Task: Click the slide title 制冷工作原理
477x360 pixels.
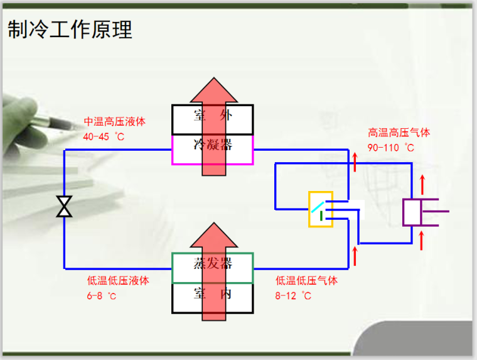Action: point(70,30)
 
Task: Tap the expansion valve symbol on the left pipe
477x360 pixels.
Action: point(64,206)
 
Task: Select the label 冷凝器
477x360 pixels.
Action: point(213,145)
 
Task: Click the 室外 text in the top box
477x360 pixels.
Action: point(213,116)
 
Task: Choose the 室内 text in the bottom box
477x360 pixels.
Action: point(213,293)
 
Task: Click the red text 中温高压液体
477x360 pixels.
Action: point(115,122)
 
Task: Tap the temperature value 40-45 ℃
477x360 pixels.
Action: point(104,136)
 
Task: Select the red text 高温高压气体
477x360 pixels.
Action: point(399,133)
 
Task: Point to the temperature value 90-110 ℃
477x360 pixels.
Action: point(391,148)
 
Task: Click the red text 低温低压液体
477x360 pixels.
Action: point(118,281)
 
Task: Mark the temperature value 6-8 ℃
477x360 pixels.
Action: point(102,295)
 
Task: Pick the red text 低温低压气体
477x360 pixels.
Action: point(306,281)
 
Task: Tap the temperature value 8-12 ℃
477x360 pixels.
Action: point(293,295)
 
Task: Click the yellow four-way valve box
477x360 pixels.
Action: point(320,209)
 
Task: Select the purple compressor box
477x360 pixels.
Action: point(414,212)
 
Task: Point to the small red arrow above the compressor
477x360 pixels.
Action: point(422,183)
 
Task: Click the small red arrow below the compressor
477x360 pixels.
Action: point(422,239)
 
